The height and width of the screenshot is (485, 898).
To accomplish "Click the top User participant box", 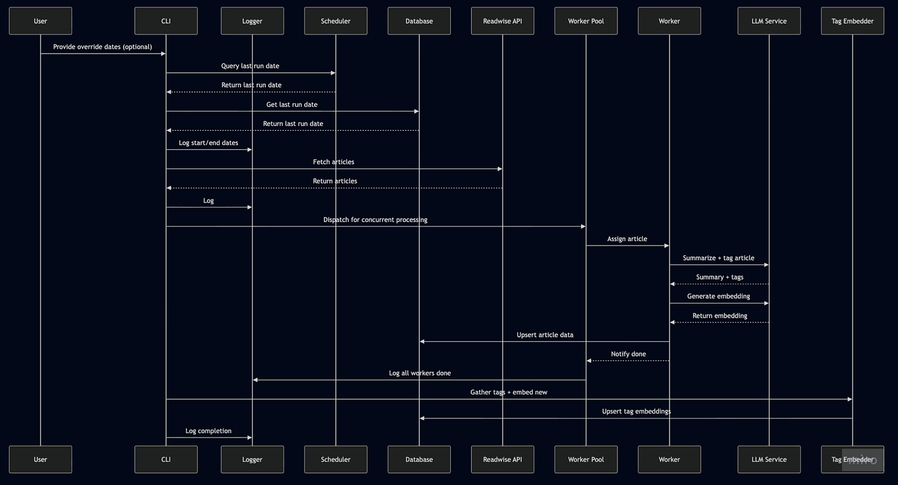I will (x=40, y=21).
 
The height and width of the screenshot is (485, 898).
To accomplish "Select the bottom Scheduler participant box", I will (x=336, y=459).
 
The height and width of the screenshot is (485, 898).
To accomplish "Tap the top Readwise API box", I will (x=502, y=21).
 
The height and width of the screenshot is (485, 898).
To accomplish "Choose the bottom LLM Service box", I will (x=768, y=459).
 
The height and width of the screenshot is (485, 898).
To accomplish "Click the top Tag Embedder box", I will (x=852, y=21).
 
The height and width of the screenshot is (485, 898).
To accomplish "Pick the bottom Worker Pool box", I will (x=586, y=459).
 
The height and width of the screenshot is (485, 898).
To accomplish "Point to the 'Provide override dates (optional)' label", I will (x=102, y=47).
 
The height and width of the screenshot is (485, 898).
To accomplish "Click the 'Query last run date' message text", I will (x=250, y=66).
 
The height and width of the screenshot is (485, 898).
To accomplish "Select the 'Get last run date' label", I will (x=292, y=105).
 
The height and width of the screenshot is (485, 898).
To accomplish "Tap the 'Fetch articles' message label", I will (x=334, y=162).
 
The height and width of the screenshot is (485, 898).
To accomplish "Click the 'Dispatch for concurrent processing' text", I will (x=375, y=220).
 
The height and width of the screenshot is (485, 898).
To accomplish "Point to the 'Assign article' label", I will (x=627, y=239).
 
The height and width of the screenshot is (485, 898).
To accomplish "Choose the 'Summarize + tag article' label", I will (x=719, y=258).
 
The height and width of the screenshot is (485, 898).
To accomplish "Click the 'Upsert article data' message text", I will (x=545, y=335).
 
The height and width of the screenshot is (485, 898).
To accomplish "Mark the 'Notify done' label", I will (x=628, y=354).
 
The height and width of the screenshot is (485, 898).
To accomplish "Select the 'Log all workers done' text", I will (x=419, y=373).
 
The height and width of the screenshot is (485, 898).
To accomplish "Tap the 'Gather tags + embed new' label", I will (x=509, y=392).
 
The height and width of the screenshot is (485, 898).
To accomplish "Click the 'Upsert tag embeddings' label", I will (x=636, y=412).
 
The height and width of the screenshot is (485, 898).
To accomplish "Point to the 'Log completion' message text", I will (x=208, y=431).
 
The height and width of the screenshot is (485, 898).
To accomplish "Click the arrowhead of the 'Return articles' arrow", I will (x=169, y=188).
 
